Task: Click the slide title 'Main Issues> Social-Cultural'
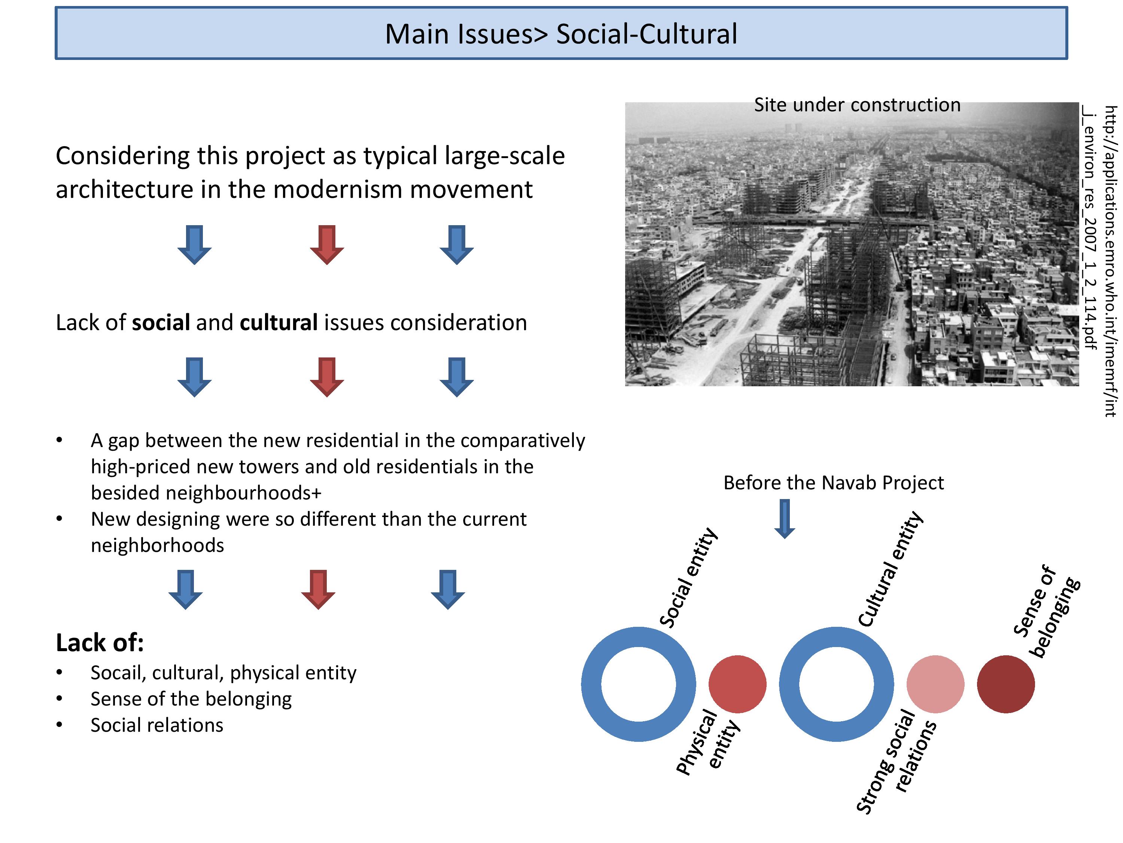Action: click(x=561, y=34)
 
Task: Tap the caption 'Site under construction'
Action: click(x=857, y=105)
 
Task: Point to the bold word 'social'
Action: click(x=161, y=322)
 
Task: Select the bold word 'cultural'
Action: click(x=279, y=322)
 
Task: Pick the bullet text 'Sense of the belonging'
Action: click(x=191, y=699)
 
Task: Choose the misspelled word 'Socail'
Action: click(x=119, y=673)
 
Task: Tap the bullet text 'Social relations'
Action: click(x=157, y=725)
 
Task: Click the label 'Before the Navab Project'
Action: click(x=834, y=482)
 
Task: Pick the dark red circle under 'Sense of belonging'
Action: click(x=1006, y=684)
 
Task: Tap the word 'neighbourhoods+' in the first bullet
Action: click(x=206, y=493)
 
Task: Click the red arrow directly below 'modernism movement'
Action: click(x=327, y=244)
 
